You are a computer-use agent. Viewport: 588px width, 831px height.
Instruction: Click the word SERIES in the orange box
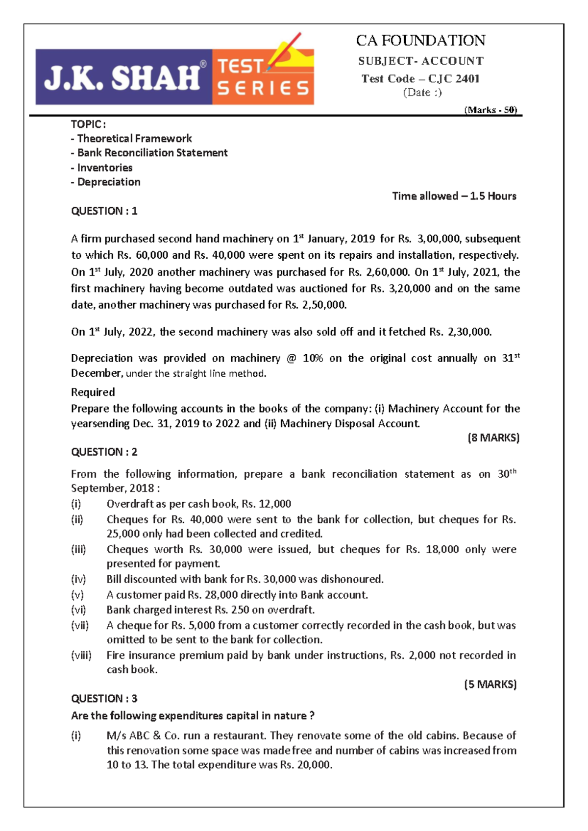pos(263,88)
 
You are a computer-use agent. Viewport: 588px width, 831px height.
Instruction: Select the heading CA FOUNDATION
pos(420,40)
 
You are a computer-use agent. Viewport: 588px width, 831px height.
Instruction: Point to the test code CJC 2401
pos(454,78)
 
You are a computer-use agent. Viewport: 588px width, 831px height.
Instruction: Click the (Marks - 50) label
pos(490,110)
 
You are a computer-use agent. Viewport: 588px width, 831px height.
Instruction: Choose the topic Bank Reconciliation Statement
pos(152,153)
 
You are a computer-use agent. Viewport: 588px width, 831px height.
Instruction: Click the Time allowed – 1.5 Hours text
pos(454,196)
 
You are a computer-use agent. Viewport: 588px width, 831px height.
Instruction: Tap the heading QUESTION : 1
pos(104,211)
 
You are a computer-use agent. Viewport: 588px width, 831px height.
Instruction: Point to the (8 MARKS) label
pos(493,438)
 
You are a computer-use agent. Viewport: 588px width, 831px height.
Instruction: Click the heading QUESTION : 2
pos(104,452)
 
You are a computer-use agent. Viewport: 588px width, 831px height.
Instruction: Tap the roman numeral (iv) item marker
pos(78,579)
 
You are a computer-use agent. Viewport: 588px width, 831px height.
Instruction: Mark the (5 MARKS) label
pos(490,684)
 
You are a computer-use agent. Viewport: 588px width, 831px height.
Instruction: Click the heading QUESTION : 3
pos(104,698)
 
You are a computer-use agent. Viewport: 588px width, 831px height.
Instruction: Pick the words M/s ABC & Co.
pos(143,735)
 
